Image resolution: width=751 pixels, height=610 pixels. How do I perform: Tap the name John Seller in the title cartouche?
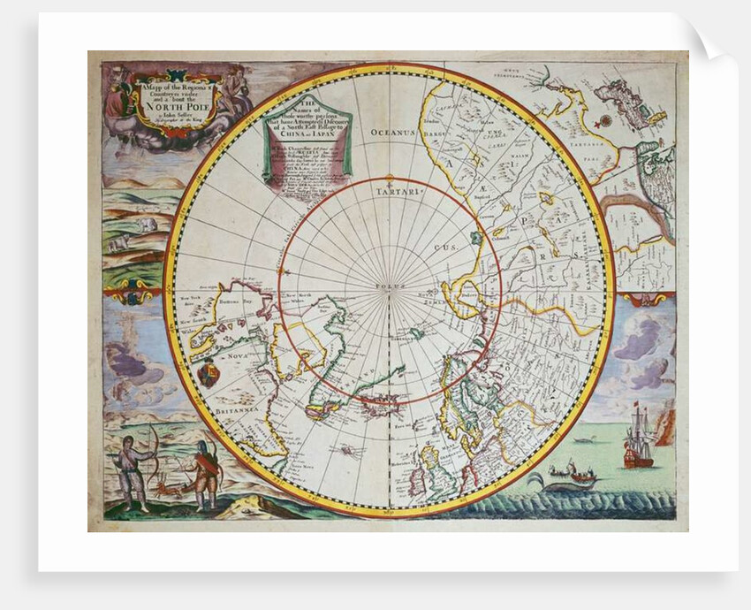tap(158, 110)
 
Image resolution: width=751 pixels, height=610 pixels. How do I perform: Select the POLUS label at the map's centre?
tap(388, 287)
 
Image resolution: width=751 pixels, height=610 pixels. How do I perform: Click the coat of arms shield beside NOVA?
tap(209, 375)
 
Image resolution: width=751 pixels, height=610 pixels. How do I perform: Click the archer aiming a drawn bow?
tap(134, 469)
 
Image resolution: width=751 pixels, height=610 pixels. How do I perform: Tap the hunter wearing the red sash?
tap(205, 473)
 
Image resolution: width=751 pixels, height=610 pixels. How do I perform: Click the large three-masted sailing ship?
tap(638, 439)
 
